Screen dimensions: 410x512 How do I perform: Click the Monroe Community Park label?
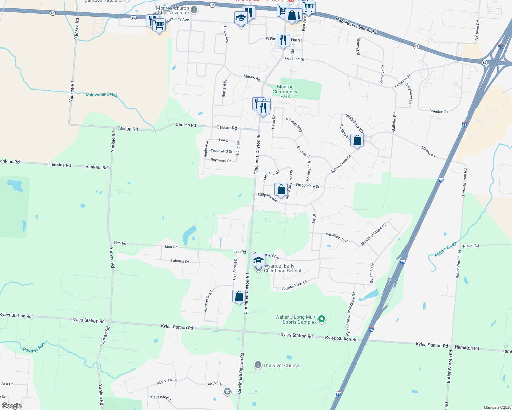(285, 92)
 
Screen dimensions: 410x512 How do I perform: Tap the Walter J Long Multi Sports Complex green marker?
(321, 319)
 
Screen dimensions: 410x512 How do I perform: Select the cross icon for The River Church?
(258, 365)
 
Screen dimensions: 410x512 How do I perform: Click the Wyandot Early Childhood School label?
(282, 268)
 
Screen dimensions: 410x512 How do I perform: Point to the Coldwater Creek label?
(102, 94)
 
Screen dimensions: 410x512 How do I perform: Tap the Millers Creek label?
(446, 249)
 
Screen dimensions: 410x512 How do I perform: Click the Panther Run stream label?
(34, 348)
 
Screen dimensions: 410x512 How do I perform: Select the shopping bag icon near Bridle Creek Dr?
(357, 140)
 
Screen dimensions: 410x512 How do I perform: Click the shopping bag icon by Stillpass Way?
(281, 190)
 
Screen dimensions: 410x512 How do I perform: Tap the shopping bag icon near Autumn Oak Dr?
(239, 296)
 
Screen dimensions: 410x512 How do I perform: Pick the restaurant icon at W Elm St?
(283, 40)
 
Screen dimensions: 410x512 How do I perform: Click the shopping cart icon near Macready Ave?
(159, 25)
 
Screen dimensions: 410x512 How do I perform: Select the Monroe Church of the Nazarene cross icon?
(194, 10)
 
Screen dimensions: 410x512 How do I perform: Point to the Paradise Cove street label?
(337, 237)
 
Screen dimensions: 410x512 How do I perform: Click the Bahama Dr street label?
(180, 261)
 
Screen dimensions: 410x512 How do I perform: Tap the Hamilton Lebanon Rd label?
(356, 26)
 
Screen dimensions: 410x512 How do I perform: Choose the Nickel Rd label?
(471, 246)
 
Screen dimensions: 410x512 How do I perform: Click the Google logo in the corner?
(11, 406)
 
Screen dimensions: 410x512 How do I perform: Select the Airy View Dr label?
(167, 381)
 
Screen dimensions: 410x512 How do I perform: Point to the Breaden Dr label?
(438, 112)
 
